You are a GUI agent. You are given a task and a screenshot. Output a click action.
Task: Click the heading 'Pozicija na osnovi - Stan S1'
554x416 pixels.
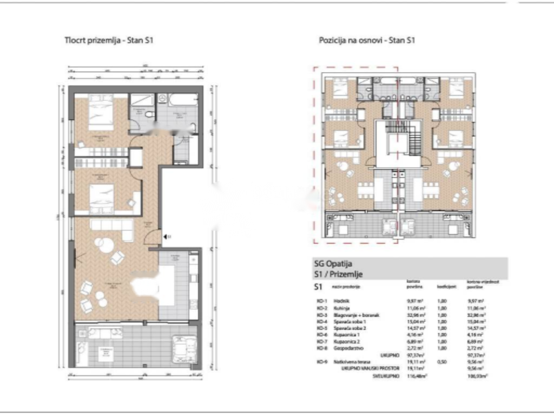[x=367, y=40]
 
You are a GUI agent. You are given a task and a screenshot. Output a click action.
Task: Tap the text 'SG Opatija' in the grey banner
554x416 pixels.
[x=333, y=264]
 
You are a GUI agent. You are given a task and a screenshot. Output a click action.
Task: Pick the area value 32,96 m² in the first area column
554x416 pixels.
[x=414, y=314]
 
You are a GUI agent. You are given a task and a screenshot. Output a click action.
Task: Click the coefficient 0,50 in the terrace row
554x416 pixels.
[x=443, y=360]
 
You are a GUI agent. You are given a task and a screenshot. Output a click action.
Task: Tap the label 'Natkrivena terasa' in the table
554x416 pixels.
[x=348, y=360]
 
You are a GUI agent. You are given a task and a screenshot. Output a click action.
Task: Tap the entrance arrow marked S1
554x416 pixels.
[x=167, y=236]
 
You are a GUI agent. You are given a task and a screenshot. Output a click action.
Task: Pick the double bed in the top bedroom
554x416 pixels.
[x=100, y=113]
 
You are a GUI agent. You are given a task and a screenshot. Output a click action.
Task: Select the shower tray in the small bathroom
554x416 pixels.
[x=142, y=101]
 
